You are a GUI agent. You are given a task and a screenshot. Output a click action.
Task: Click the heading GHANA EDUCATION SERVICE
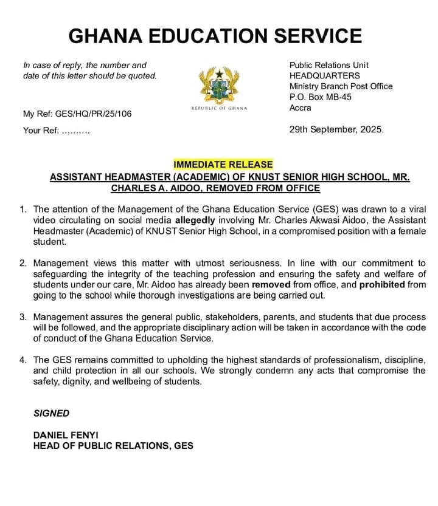pyautogui.click(x=215, y=36)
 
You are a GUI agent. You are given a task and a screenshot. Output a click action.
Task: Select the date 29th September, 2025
pyautogui.click(x=336, y=129)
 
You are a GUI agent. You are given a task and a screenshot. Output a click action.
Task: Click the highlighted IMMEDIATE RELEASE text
pyautogui.click(x=223, y=165)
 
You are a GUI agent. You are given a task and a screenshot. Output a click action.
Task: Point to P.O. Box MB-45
pyautogui.click(x=320, y=97)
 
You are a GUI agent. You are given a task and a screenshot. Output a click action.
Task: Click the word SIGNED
pyautogui.click(x=51, y=413)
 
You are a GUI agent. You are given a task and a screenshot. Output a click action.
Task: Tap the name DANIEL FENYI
pyautogui.click(x=66, y=435)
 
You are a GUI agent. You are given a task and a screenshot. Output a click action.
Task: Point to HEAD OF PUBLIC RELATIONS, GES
pyautogui.click(x=113, y=446)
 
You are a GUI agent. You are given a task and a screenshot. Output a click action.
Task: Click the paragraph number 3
pyautogui.click(x=23, y=317)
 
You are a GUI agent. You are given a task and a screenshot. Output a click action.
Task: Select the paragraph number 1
pyautogui.click(x=23, y=209)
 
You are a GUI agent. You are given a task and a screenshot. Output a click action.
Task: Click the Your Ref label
pyautogui.click(x=41, y=131)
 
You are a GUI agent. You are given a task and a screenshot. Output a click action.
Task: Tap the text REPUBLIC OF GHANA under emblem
pyautogui.click(x=219, y=108)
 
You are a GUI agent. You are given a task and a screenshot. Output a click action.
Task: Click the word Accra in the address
pyautogui.click(x=300, y=108)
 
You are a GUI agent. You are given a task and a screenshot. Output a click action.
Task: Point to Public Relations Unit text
pyautogui.click(x=328, y=65)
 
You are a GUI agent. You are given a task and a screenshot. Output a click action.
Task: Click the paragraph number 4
pyautogui.click(x=23, y=360)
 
